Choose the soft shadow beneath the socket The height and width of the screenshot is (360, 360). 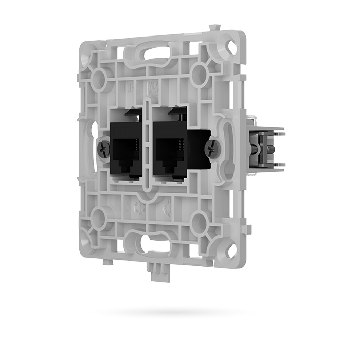pos(170,312)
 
